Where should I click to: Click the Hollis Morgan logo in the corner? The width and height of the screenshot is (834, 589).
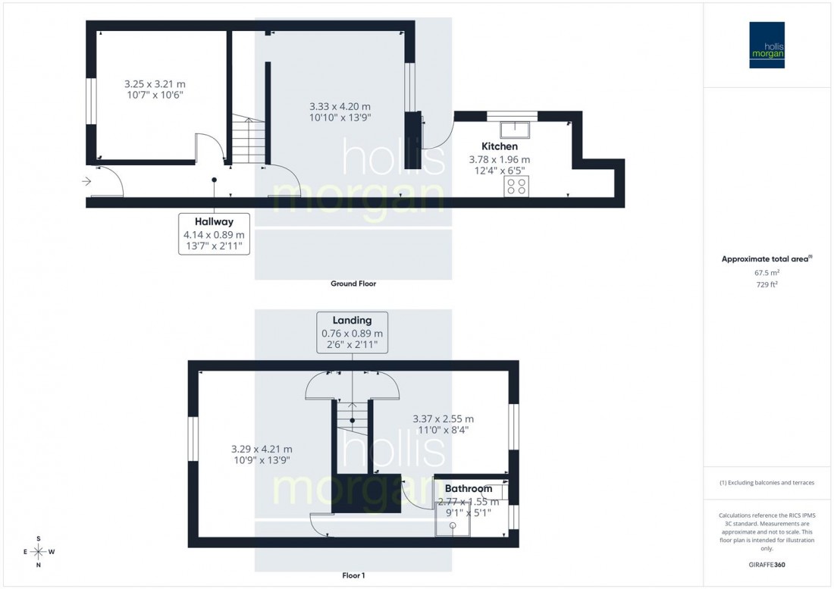(768, 45)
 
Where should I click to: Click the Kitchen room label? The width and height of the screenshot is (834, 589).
(500, 146)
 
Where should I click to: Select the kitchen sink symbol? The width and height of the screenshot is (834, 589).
(519, 125)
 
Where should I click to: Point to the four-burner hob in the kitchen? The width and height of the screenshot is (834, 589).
(517, 186)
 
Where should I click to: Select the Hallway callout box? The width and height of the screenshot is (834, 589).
(214, 233)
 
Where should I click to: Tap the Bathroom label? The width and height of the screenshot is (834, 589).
(469, 489)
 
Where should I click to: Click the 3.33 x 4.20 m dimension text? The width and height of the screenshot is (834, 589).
(340, 106)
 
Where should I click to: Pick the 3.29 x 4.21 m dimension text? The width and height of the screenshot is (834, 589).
(261, 449)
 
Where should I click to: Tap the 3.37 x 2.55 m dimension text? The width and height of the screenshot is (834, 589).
(443, 418)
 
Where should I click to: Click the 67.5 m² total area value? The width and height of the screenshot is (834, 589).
(767, 273)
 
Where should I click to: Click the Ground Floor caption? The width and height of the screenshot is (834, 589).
(353, 284)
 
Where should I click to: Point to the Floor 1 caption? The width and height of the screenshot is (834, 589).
(353, 575)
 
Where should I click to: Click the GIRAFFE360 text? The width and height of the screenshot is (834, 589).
(767, 566)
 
